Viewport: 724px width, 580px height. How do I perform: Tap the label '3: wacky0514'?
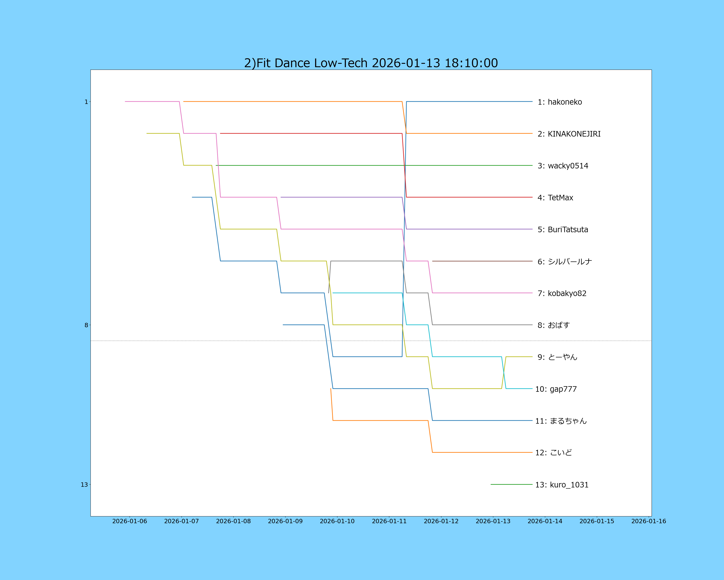tap(563, 166)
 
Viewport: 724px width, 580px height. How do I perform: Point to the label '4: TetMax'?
tap(555, 198)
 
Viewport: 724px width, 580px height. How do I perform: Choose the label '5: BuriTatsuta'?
tap(563, 230)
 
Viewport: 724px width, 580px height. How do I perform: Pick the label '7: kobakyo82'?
tap(562, 293)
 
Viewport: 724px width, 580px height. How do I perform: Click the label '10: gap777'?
tap(556, 389)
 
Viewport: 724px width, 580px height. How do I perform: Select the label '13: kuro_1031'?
tap(562, 485)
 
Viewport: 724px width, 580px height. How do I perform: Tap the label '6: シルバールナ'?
tap(564, 261)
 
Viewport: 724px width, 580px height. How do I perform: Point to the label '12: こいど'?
tap(553, 453)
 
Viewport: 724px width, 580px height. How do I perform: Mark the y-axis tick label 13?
tap(84, 485)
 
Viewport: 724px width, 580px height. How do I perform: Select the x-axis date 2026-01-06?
tap(130, 521)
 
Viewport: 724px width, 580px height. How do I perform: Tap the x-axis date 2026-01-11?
tap(389, 521)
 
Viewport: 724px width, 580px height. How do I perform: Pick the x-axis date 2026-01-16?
tap(648, 521)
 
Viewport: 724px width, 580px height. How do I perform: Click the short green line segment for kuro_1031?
tap(511, 485)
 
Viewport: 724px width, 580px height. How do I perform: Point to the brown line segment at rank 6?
tap(482, 261)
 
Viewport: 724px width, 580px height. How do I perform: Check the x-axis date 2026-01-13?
tap(493, 521)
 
